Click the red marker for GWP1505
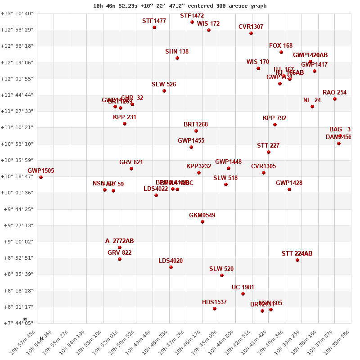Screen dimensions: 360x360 coord(41,177)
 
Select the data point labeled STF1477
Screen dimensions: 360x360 coord(154,27)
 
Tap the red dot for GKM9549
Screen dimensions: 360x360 coord(202,222)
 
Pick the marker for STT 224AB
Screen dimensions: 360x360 coord(297,260)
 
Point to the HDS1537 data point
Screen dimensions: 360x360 coord(215,309)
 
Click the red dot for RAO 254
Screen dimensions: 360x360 coord(335,99)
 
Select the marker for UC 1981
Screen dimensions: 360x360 coord(243,294)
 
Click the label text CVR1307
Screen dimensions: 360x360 coord(251,27)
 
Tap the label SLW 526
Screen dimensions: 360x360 coord(164,85)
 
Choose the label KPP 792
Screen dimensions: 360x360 coord(274,118)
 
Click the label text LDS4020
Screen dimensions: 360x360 coord(171,261)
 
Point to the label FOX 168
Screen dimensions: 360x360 coord(281,46)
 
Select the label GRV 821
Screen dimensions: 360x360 coord(131,162)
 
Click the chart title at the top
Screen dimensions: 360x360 coord(180,6)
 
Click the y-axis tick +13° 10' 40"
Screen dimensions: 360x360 coord(17,13)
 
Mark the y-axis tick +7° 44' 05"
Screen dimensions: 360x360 coord(17,323)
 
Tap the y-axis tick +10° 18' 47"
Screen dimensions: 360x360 coord(17,176)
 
